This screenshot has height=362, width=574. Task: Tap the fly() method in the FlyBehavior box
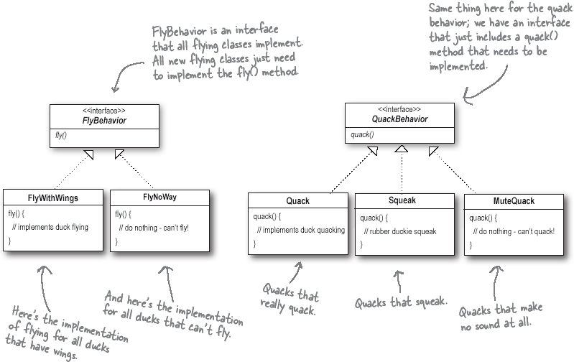point(61,135)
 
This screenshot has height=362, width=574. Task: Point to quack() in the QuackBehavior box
point(361,134)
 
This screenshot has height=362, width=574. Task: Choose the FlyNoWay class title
point(160,197)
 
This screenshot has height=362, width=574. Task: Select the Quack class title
point(297,201)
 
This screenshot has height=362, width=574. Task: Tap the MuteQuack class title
point(514,201)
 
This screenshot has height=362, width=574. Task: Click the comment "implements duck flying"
point(52,227)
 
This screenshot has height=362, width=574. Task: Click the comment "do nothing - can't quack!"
point(514,231)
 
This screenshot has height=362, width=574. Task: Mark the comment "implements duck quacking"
point(300,230)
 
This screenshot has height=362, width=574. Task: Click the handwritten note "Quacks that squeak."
point(399,302)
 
